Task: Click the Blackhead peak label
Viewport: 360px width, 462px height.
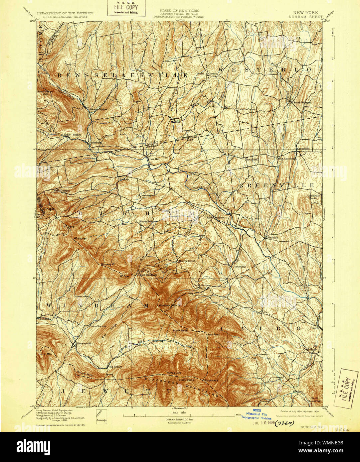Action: (x=211, y=380)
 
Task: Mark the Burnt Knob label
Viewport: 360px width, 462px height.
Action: (x=181, y=331)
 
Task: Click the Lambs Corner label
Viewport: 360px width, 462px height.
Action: (x=247, y=109)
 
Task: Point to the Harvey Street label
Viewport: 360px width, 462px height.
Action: (x=187, y=261)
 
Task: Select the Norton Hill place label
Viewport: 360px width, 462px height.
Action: (x=252, y=160)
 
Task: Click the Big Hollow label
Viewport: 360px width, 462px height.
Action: (x=115, y=367)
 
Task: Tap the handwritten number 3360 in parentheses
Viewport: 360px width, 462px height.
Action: (x=284, y=423)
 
